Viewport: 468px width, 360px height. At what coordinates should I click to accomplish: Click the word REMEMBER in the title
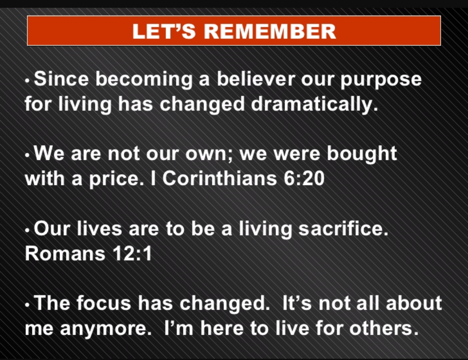[x=270, y=31]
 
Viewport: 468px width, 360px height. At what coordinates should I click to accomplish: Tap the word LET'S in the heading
[x=164, y=31]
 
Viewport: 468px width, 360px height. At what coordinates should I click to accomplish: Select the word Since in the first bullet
[x=61, y=79]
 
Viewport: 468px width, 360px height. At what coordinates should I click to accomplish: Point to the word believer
[x=256, y=79]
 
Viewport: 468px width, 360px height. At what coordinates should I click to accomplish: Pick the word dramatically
[x=315, y=104]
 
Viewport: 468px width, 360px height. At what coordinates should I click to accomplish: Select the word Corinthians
[x=219, y=178]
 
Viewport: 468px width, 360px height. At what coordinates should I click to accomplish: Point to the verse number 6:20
[x=304, y=179]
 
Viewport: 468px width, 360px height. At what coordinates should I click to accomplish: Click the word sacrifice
[x=343, y=229]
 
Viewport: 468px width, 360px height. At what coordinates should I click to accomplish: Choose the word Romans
[x=65, y=254]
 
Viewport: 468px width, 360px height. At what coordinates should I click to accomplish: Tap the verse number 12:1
[x=132, y=254]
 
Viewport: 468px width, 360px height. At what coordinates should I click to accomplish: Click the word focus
[x=104, y=303]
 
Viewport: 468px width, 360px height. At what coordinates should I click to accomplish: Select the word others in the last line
[x=384, y=328]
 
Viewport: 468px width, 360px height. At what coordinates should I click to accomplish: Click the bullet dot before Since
[x=27, y=81]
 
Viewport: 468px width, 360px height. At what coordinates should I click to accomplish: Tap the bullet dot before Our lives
[x=27, y=231]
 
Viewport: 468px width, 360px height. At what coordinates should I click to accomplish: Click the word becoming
[x=144, y=81]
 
